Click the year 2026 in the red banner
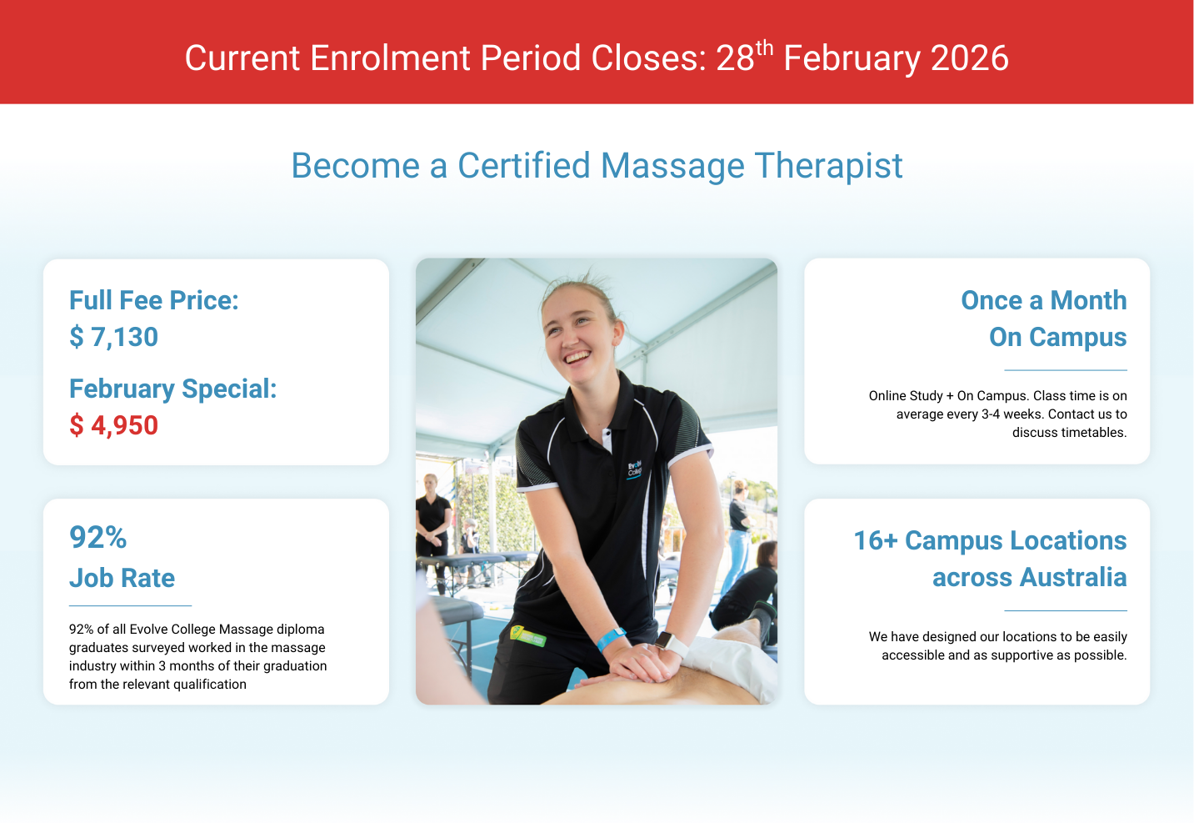coord(970,58)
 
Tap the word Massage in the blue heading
coord(672,167)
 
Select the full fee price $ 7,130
coord(113,337)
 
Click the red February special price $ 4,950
coord(113,425)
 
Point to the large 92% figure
coord(98,537)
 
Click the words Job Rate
coord(122,578)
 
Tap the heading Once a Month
coord(1044,300)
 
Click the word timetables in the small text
coord(1069,433)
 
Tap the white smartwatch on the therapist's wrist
coord(672,644)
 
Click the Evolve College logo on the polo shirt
coord(634,470)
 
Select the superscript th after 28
coord(764,48)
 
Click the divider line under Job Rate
coord(130,606)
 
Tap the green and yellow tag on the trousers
coord(527,635)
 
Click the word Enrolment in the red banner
coord(390,58)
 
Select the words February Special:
coord(173,389)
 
